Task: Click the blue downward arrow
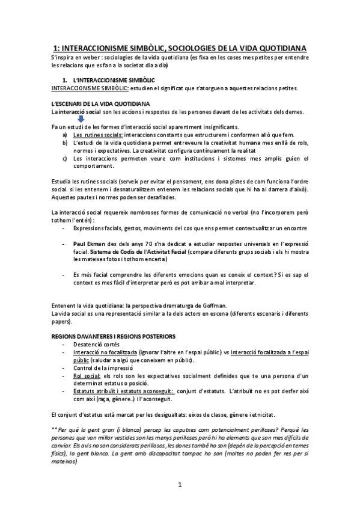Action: coord(81,118)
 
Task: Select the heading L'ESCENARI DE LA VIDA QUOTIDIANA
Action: coord(100,104)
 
